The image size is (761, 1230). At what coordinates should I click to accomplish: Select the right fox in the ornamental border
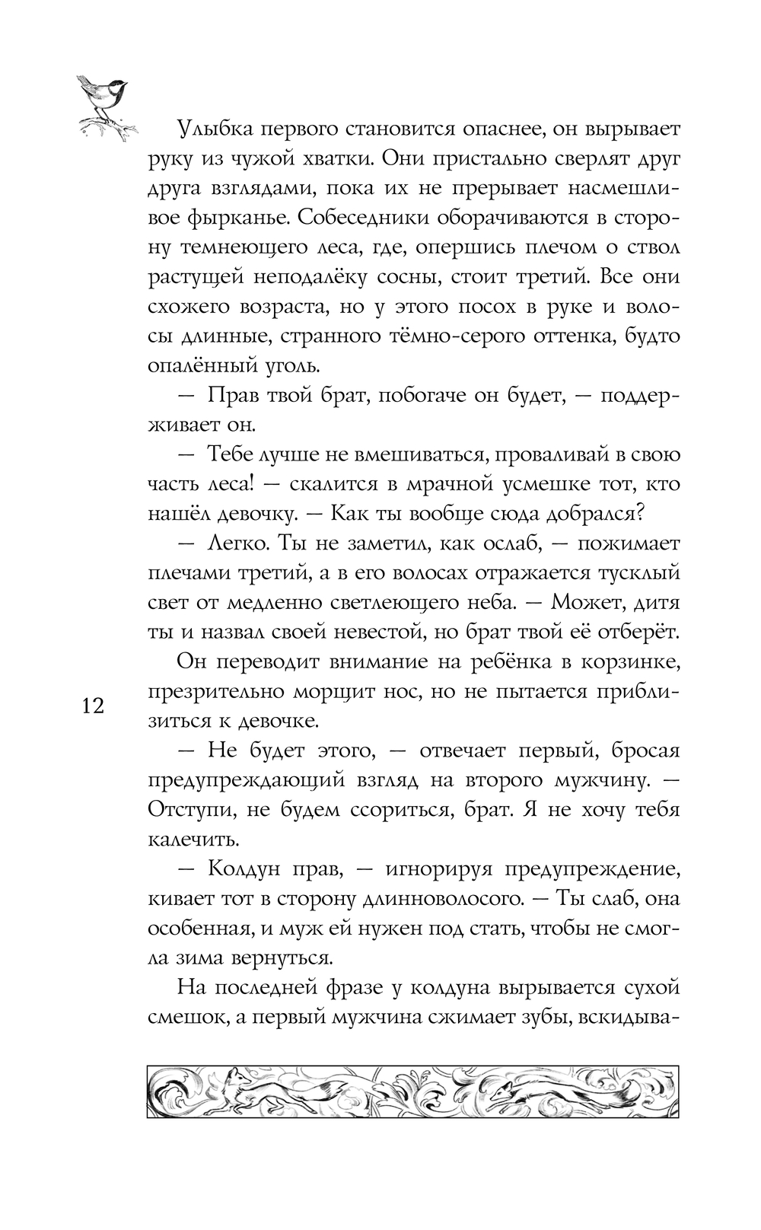[506, 1095]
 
